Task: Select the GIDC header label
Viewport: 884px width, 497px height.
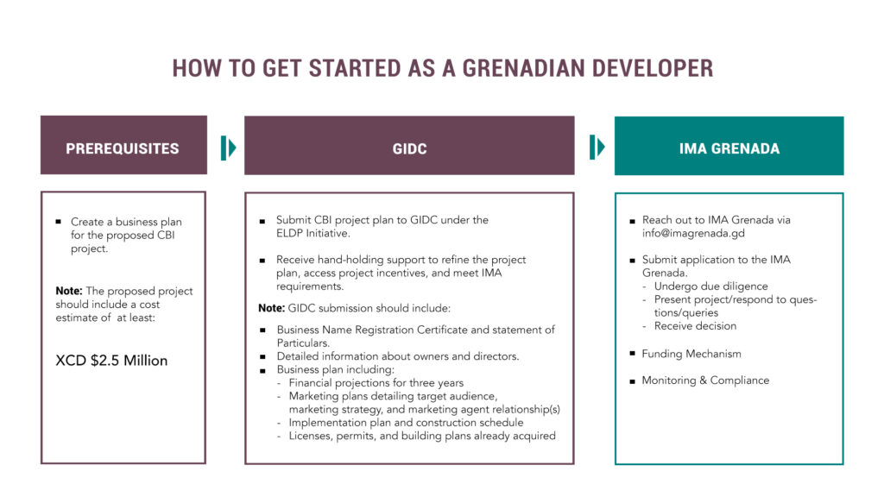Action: pyautogui.click(x=409, y=148)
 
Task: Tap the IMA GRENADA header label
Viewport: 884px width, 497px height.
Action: pyautogui.click(x=729, y=148)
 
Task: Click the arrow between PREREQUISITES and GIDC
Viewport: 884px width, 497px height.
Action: pyautogui.click(x=227, y=148)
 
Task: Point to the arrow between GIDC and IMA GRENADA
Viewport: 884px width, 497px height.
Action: pyautogui.click(x=596, y=148)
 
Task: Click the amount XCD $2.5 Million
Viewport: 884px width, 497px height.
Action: pyautogui.click(x=111, y=360)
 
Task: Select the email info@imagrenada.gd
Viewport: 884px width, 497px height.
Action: pyautogui.click(x=693, y=233)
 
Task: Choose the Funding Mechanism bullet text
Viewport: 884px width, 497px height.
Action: pyautogui.click(x=691, y=354)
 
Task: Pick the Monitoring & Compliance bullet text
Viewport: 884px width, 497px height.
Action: pyautogui.click(x=705, y=381)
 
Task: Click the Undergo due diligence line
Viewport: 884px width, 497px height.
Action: pyautogui.click(x=710, y=286)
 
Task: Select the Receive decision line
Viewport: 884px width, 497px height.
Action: pyautogui.click(x=695, y=326)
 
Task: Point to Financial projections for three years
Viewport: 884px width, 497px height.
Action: pyautogui.click(x=376, y=383)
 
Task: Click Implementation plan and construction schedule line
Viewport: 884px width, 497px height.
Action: pyautogui.click(x=406, y=423)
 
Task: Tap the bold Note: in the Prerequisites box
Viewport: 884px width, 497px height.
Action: pyautogui.click(x=69, y=291)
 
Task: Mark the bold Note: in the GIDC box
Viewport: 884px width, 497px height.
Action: pyautogui.click(x=271, y=308)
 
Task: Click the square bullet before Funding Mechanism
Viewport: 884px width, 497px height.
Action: pyautogui.click(x=633, y=355)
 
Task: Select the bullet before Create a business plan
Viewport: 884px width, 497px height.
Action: pyautogui.click(x=58, y=223)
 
